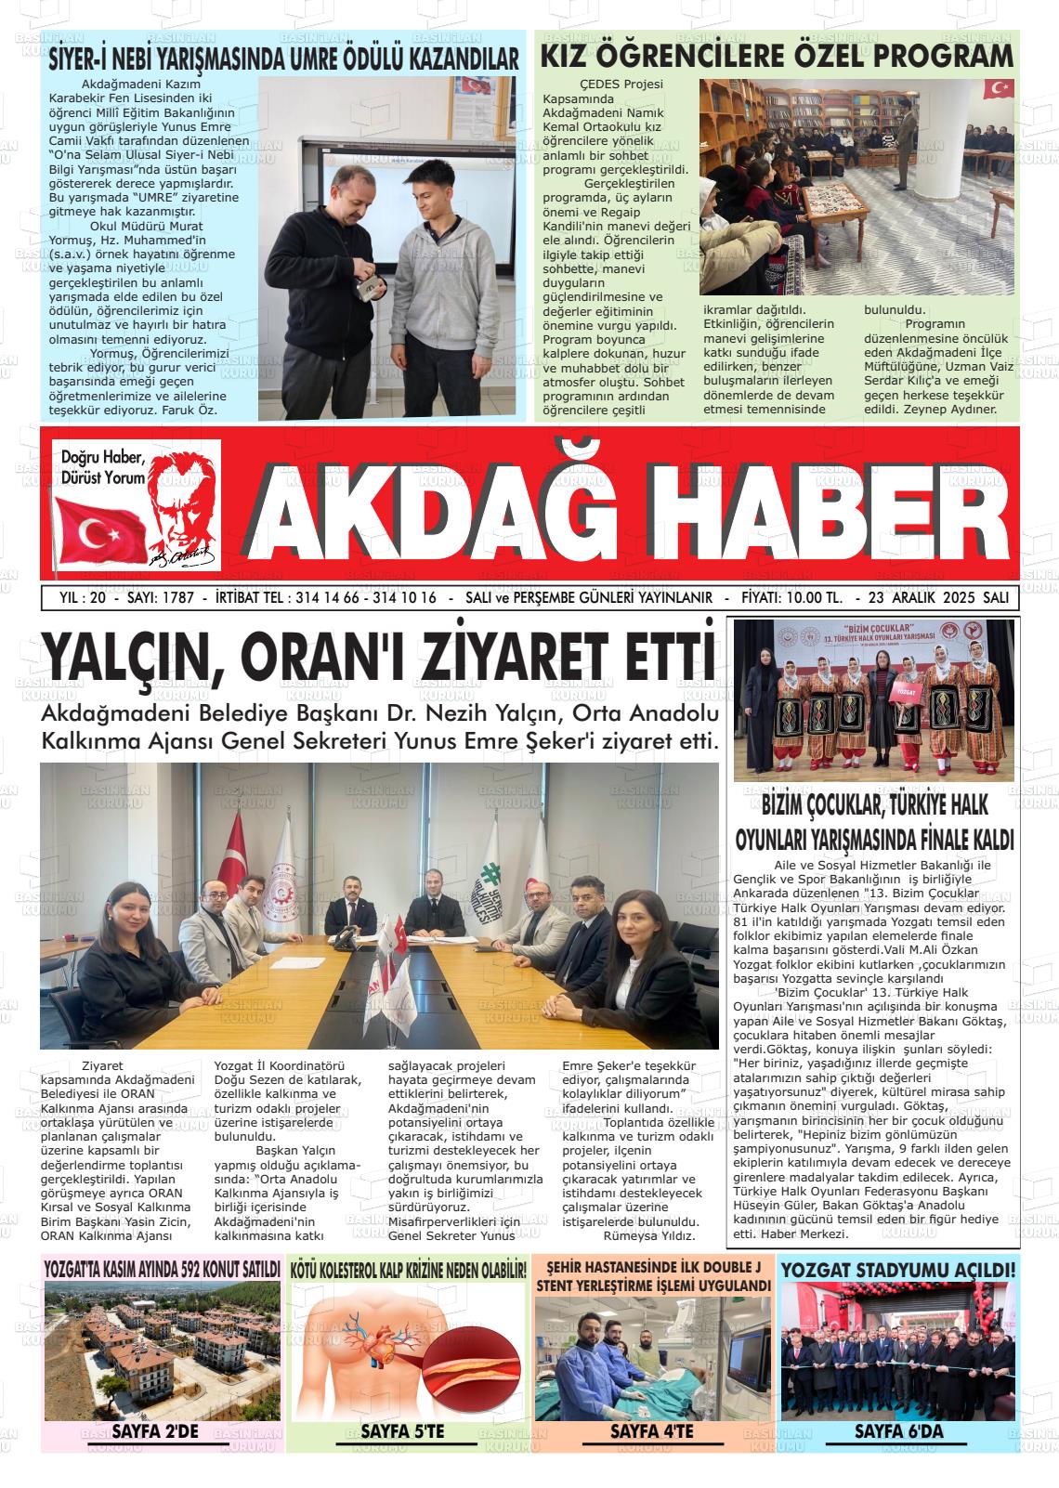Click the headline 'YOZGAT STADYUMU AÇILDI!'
click(898, 1271)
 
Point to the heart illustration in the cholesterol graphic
click(382, 1349)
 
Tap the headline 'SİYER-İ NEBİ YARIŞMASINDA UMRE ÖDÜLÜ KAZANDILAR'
click(283, 59)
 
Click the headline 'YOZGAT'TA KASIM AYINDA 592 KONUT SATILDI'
click(162, 1269)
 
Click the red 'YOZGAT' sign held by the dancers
click(909, 718)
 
